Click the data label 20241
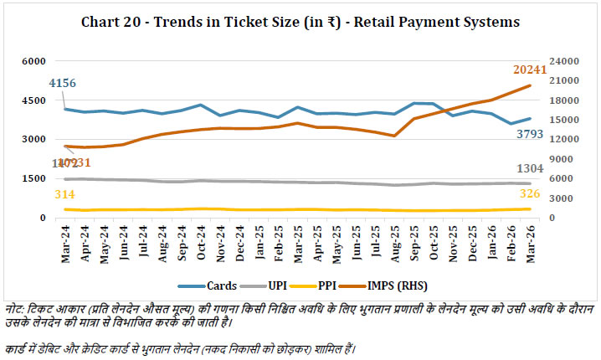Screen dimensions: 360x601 pyautogui.click(x=529, y=70)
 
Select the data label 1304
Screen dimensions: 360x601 pyautogui.click(x=529, y=167)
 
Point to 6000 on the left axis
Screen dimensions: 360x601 pyautogui.click(x=34, y=62)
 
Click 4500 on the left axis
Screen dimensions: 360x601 pyautogui.click(x=34, y=100)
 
